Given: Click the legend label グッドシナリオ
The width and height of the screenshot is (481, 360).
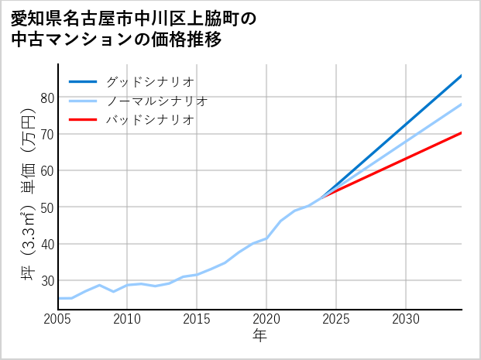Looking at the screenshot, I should point(149,81).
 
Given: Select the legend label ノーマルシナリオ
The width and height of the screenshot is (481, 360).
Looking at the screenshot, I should point(156,101).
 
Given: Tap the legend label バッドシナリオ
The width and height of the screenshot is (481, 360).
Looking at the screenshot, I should point(149,120).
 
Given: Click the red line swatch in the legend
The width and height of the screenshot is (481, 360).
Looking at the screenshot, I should point(84,120).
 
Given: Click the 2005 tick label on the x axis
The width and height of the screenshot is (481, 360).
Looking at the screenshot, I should point(58,319).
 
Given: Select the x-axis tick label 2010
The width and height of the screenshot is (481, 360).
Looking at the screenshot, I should point(128,319).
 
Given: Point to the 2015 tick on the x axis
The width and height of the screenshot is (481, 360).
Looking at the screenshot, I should point(197,319).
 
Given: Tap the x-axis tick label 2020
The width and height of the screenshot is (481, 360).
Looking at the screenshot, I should point(266,319).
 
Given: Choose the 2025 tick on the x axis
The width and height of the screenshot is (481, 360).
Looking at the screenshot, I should point(336,319).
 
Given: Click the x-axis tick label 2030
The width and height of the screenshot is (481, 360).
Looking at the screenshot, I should point(406,319).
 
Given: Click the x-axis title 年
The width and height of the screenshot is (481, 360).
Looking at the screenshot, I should point(259,336).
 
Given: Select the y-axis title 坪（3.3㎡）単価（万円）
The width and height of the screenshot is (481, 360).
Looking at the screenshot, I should point(28,197).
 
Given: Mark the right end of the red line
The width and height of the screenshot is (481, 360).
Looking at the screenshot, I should point(462,132).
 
